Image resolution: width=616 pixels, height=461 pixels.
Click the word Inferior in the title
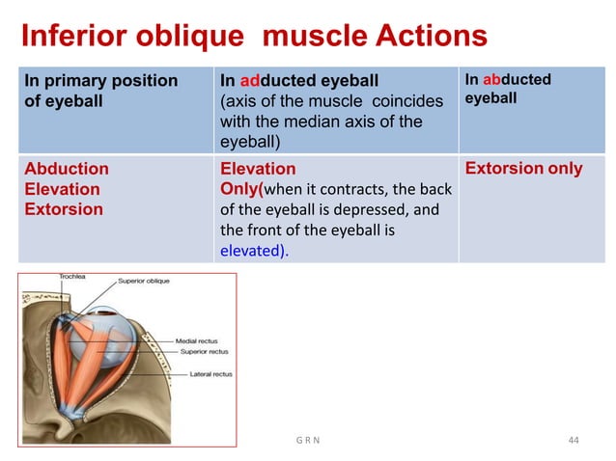(x=78, y=37)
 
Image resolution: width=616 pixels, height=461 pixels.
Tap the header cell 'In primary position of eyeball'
(x=100, y=91)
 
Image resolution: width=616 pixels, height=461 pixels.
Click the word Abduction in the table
(x=67, y=169)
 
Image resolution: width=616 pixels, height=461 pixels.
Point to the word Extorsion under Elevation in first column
(x=64, y=209)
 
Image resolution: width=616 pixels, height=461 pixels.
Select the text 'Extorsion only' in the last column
(x=524, y=169)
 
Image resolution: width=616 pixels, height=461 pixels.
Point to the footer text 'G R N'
(x=307, y=441)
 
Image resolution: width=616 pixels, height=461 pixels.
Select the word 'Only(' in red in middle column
(x=242, y=189)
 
